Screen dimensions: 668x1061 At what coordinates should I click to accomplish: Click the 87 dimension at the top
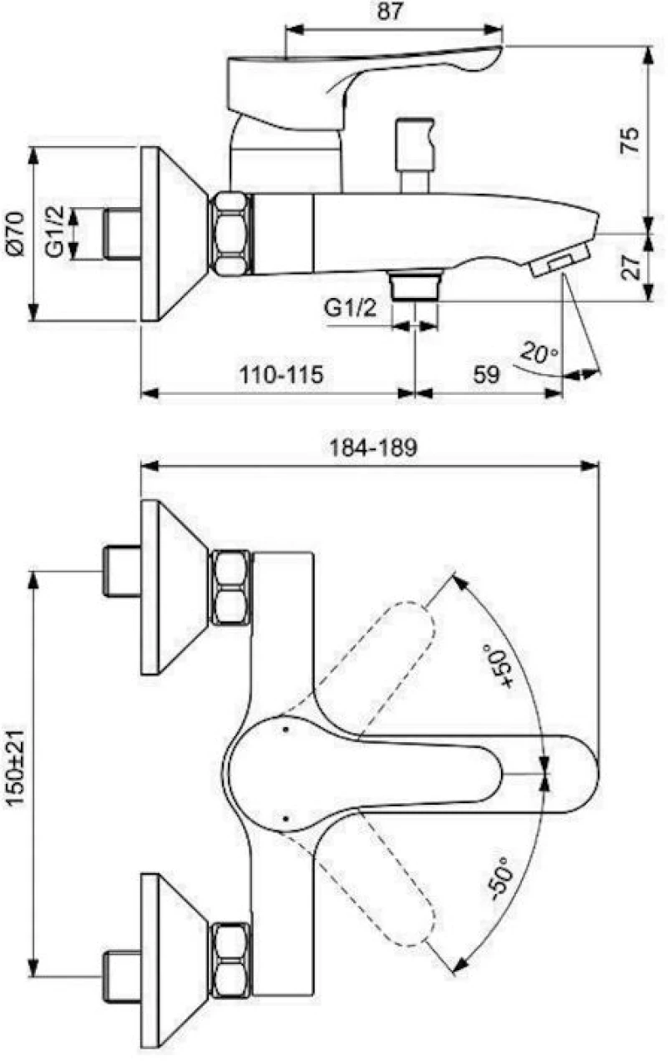(389, 12)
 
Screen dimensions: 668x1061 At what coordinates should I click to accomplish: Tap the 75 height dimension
(630, 139)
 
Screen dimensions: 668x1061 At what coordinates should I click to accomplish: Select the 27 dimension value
(631, 268)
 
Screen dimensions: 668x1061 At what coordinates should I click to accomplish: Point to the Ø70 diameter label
(15, 234)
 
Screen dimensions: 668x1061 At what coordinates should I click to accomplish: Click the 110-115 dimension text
(281, 375)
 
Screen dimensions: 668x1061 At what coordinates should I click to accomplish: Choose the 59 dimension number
(487, 375)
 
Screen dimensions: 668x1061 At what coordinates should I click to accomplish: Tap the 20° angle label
(539, 353)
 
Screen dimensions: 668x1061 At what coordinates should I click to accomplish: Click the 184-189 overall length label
(374, 447)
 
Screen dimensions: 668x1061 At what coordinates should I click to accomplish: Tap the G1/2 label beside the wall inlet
(55, 234)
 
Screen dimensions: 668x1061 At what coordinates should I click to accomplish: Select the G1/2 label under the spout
(351, 308)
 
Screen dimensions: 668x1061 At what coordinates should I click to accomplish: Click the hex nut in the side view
(230, 234)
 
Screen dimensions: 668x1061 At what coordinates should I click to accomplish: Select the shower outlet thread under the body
(415, 285)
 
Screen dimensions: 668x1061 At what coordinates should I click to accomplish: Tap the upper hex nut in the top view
(230, 588)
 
